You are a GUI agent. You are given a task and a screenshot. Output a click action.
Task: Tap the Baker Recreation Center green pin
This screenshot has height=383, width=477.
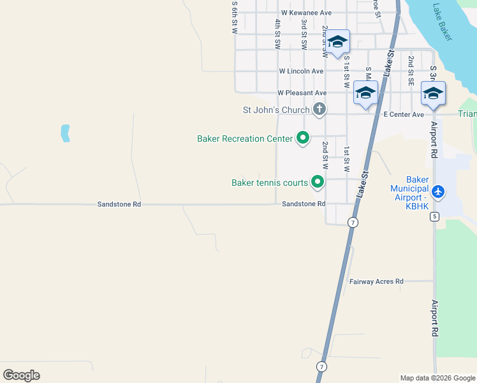303,138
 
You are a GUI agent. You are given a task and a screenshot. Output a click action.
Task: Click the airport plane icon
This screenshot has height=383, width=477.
437,191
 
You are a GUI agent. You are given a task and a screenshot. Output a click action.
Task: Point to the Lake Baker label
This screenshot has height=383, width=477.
441,22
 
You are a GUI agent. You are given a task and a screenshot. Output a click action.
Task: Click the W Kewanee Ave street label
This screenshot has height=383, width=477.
307,13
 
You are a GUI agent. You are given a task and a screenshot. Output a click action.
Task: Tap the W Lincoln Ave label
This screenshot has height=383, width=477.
301,71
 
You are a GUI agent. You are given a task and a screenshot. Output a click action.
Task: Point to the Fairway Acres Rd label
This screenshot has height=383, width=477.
376,281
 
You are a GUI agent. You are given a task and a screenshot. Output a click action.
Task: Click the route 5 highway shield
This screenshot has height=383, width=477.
435,216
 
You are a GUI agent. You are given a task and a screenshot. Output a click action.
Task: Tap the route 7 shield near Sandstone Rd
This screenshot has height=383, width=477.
352,222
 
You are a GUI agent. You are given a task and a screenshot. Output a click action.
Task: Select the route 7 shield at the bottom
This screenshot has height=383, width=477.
322,366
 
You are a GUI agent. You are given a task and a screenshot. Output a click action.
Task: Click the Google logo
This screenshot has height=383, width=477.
21,375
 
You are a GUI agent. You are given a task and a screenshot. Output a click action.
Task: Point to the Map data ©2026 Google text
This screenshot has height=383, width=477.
437,378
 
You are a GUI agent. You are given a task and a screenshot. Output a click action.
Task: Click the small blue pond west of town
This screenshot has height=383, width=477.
64,133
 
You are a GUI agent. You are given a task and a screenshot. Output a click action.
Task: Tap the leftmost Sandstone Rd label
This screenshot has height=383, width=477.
119,204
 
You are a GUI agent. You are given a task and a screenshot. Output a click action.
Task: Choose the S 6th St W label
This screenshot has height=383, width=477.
235,18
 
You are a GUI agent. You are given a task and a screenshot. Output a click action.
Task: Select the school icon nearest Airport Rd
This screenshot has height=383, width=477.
433,94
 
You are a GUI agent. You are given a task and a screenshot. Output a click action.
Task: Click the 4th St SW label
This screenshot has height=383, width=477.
277,34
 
